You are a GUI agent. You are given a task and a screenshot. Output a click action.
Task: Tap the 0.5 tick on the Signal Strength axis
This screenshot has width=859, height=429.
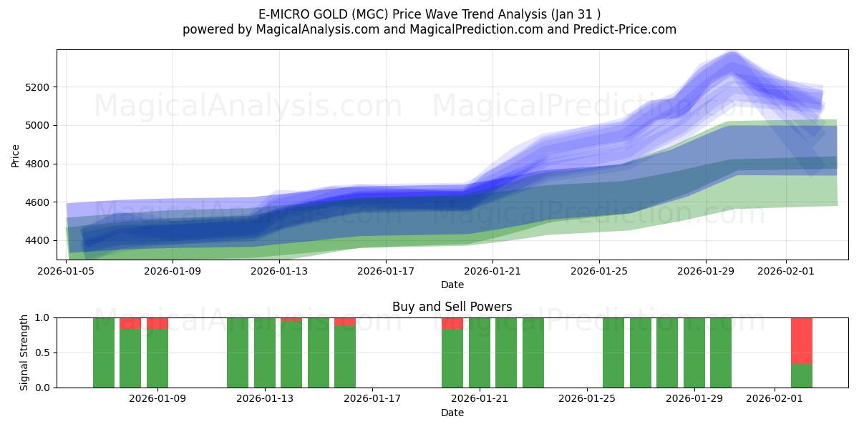[x=43, y=352]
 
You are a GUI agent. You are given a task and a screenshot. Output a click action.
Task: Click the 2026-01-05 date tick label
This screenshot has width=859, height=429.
[x=67, y=271]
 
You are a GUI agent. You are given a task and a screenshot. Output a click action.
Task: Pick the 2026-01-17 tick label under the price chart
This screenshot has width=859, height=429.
[x=386, y=271]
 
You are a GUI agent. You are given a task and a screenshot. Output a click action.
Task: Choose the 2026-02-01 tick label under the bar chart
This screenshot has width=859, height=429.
[x=775, y=398]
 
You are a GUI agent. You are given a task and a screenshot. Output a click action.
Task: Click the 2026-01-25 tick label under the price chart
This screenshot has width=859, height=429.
[x=599, y=271]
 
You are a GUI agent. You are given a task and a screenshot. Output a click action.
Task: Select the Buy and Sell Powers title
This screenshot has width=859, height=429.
[x=452, y=307]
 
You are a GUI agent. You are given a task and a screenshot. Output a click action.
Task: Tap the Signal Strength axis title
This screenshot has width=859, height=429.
[x=24, y=352]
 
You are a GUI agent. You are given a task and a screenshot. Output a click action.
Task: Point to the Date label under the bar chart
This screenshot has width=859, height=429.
[x=452, y=413]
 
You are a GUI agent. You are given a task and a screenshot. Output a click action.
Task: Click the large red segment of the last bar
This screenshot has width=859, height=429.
[x=802, y=340]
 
